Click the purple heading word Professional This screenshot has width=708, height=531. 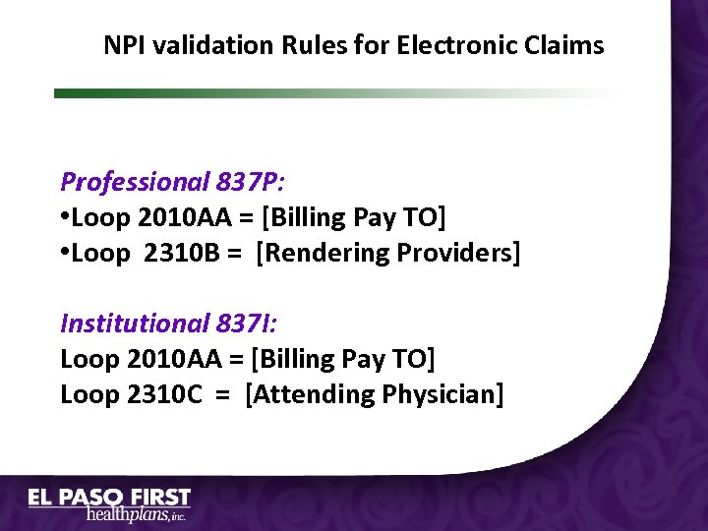coord(135,182)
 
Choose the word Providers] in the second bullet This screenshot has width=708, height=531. coord(458,253)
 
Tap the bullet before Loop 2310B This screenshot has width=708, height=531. coord(65,253)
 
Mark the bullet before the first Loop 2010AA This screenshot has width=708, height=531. coord(65,217)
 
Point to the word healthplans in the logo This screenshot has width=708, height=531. coord(126,514)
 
